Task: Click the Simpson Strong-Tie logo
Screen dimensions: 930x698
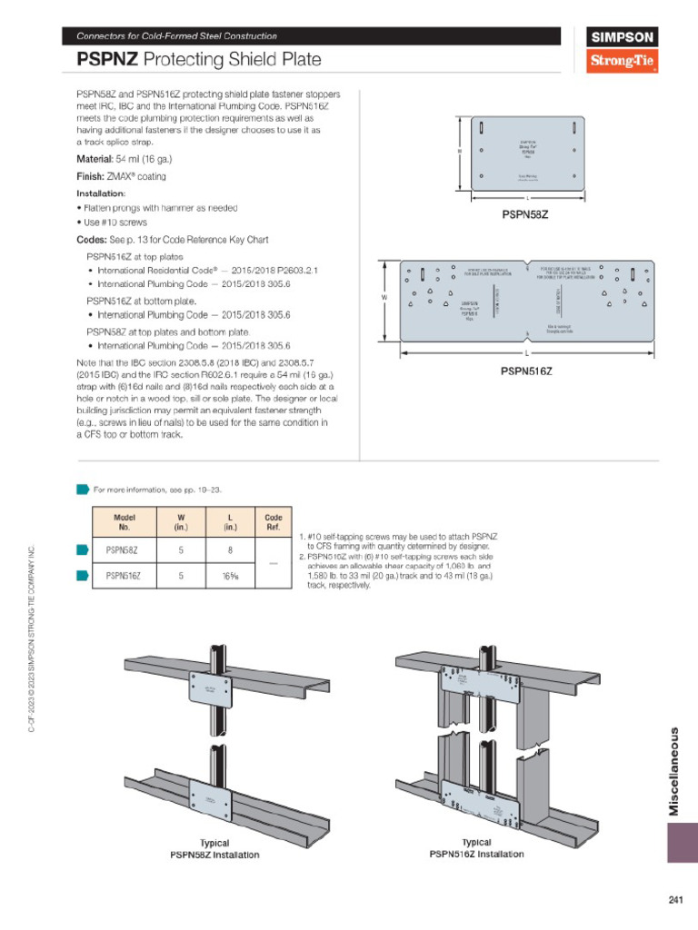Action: (x=623, y=51)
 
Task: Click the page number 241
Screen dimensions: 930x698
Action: (x=674, y=900)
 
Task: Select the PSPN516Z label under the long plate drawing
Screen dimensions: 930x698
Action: (x=527, y=371)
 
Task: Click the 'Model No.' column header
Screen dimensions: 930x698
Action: (x=125, y=521)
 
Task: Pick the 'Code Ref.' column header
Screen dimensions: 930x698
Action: (x=273, y=521)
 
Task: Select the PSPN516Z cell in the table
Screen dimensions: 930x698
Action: (x=125, y=575)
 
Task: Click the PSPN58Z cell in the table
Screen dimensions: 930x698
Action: (x=123, y=549)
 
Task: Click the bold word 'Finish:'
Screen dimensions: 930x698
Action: (x=90, y=176)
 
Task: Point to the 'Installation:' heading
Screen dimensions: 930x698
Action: (x=101, y=193)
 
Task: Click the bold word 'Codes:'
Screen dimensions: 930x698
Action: (x=91, y=240)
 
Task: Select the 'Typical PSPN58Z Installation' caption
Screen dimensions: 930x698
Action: (x=214, y=849)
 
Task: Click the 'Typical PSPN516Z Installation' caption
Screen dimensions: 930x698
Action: (x=476, y=848)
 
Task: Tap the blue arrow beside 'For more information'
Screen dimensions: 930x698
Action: (x=82, y=490)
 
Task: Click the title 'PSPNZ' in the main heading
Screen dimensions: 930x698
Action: (x=106, y=61)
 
